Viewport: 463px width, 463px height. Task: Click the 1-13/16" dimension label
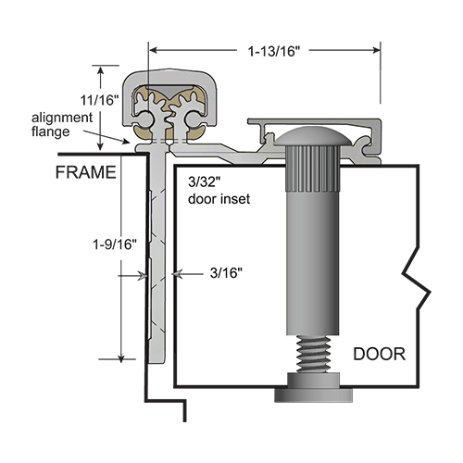[274, 51]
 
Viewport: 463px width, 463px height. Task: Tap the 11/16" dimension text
[99, 100]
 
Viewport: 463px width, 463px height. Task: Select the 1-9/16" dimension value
[115, 244]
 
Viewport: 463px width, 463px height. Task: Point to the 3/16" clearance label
[226, 273]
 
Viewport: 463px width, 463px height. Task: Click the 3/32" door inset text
[219, 191]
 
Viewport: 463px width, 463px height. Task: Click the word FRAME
[86, 172]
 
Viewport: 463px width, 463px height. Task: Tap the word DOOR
[379, 354]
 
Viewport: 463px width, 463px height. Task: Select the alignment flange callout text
[62, 124]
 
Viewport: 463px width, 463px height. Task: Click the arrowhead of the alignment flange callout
[126, 142]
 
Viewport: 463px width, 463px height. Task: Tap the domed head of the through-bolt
[313, 136]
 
